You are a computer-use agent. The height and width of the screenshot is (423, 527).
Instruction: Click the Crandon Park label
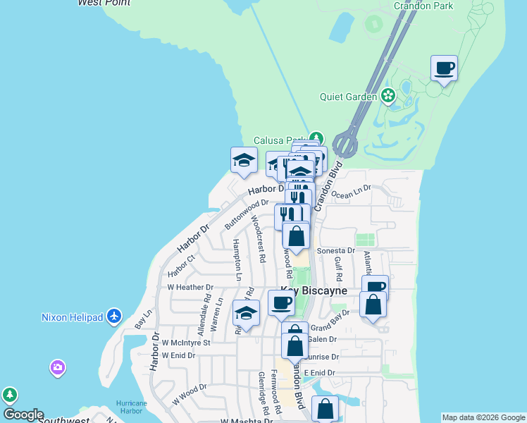tap(423, 6)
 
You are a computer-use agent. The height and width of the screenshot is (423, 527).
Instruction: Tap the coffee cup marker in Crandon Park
tap(444, 69)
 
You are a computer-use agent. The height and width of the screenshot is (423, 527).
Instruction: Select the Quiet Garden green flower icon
tap(387, 95)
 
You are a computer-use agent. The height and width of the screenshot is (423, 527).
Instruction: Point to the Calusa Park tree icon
tap(316, 138)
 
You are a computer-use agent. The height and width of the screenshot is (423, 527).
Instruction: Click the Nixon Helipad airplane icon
tap(115, 317)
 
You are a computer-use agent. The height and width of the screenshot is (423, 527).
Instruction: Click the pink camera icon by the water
tap(57, 367)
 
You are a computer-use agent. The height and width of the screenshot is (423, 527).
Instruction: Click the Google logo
tap(23, 415)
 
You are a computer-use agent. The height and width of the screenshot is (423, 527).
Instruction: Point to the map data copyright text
tap(483, 417)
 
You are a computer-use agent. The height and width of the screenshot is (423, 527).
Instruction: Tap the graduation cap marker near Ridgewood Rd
tap(246, 314)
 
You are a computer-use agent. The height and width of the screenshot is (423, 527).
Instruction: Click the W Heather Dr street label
tap(190, 287)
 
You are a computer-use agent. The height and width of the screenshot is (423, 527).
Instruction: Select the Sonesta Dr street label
tap(335, 250)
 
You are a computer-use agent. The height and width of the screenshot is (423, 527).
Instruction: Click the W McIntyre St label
tap(186, 343)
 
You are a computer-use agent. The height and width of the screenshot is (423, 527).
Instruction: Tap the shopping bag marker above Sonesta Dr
tap(297, 236)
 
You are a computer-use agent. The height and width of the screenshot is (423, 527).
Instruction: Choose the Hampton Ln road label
tap(237, 255)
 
